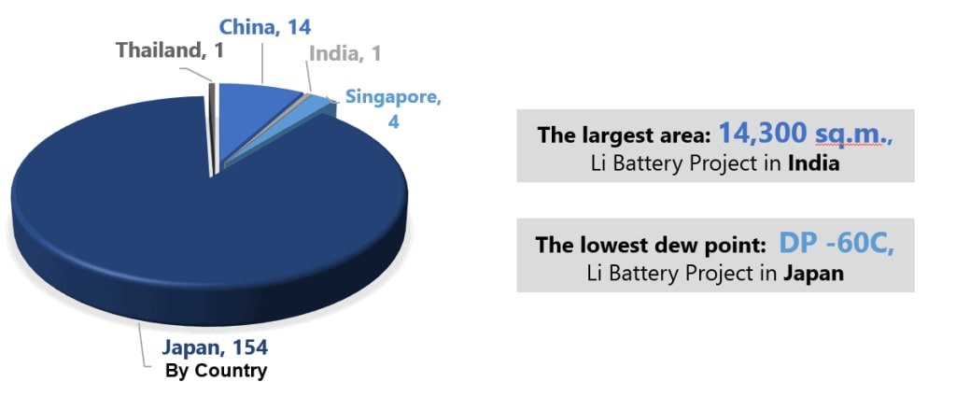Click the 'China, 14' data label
point(264,27)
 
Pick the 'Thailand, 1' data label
point(170,49)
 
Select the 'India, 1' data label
point(345,53)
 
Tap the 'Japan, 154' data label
point(215,347)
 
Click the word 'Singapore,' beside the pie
point(392,97)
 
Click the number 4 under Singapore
point(393,121)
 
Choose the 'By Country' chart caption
point(216,371)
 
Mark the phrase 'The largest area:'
point(624,135)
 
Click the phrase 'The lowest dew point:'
point(651,246)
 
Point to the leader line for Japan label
point(143,345)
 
